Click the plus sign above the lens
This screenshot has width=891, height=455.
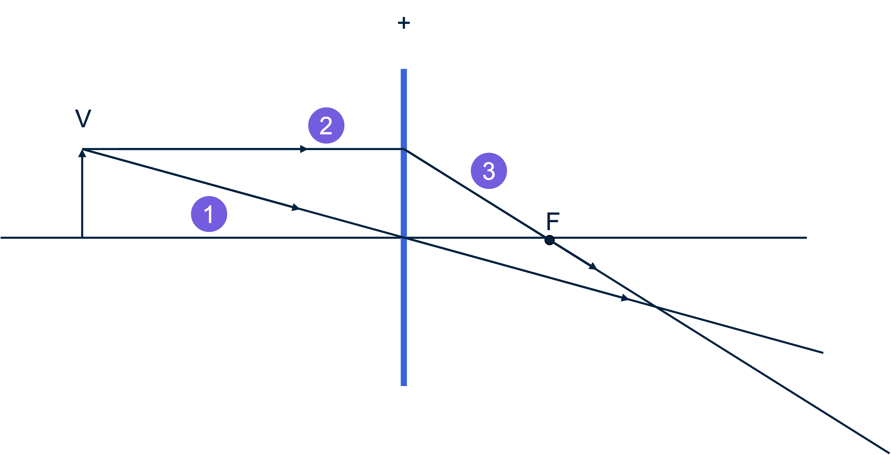click(x=404, y=23)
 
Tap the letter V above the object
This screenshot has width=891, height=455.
click(x=83, y=118)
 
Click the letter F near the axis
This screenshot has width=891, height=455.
click(x=553, y=221)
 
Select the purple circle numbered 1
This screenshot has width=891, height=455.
click(x=209, y=214)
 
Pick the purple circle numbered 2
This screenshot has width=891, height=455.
click(x=326, y=125)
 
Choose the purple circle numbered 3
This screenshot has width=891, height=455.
click(x=489, y=171)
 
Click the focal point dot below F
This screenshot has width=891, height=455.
click(x=549, y=240)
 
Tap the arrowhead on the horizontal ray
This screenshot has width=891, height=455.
click(x=304, y=149)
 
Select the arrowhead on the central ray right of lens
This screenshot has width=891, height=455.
click(x=625, y=298)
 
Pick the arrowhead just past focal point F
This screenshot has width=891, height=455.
click(x=593, y=266)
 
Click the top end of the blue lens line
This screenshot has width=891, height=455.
click(x=404, y=70)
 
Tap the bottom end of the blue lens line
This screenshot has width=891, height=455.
click(x=404, y=385)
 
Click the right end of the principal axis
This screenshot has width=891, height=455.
click(x=806, y=238)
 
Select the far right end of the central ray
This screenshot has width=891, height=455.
click(x=822, y=352)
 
